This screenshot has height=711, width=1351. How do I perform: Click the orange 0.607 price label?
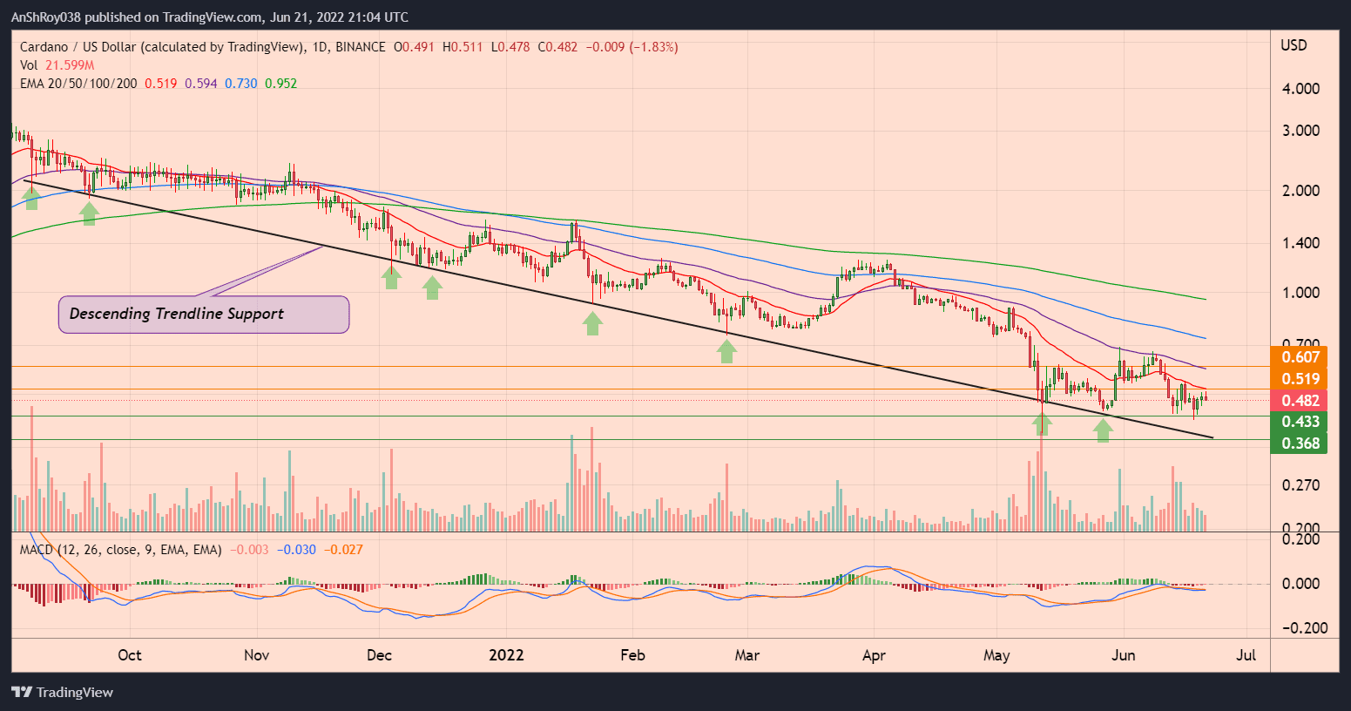click(1299, 357)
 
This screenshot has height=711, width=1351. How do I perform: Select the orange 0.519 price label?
click(1299, 379)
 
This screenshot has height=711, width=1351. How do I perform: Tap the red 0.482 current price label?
click(1299, 401)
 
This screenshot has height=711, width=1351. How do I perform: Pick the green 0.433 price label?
click(1299, 422)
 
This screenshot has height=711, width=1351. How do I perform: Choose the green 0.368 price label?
click(1299, 444)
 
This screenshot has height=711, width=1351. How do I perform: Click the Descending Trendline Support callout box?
click(204, 315)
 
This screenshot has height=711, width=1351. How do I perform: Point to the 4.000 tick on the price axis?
click(1300, 89)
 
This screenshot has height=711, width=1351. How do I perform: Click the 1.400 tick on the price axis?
click(1300, 243)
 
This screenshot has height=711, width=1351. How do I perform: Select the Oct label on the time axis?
click(129, 655)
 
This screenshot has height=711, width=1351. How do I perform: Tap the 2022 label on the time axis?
click(506, 655)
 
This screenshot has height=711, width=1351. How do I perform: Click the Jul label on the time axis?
click(1246, 655)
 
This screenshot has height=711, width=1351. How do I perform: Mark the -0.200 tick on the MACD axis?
click(1298, 628)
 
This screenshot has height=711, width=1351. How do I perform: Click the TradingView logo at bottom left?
click(63, 693)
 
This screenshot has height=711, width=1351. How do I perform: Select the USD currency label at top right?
click(1294, 45)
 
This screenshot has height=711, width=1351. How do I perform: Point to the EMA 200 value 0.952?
click(280, 84)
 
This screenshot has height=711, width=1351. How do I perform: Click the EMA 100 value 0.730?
click(241, 84)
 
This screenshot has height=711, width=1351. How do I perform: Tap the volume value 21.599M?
click(69, 65)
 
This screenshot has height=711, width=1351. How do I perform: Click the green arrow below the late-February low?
click(726, 351)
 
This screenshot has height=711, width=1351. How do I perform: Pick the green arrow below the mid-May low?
click(1042, 424)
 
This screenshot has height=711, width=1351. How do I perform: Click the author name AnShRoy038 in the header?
click(51, 17)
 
